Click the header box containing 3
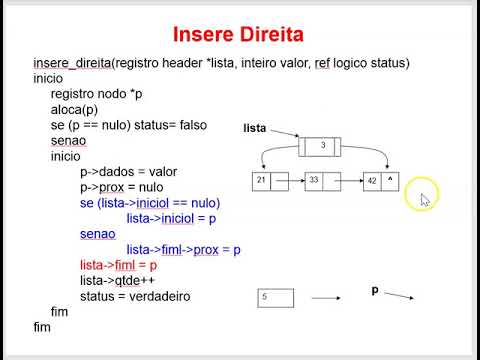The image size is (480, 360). (323, 146)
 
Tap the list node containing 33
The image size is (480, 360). (324, 181)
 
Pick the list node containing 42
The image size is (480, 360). (381, 181)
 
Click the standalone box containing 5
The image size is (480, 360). (276, 297)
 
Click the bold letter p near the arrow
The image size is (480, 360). (375, 290)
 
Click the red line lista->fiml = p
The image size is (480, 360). (118, 266)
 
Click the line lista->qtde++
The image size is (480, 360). (113, 281)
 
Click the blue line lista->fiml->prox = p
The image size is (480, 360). (183, 250)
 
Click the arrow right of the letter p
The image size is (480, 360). (400, 296)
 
